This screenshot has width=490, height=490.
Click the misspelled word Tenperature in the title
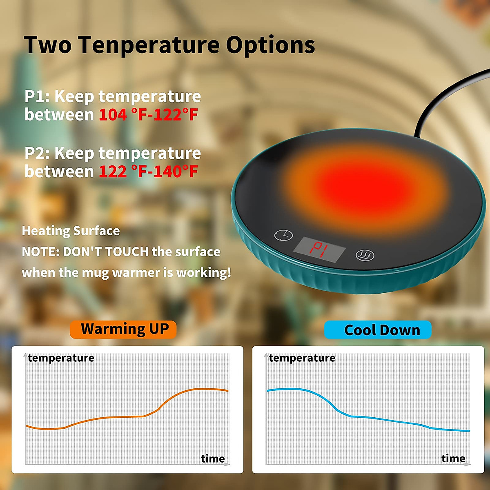pyautogui.click(x=149, y=45)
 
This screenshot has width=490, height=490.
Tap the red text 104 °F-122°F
pyautogui.click(x=148, y=115)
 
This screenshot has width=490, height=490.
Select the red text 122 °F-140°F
pyautogui.click(x=148, y=171)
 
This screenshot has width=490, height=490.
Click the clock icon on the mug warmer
pyautogui.click(x=283, y=235)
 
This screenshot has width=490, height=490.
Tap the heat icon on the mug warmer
pyautogui.click(x=365, y=256)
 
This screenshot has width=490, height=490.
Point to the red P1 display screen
pyautogui.click(x=320, y=249)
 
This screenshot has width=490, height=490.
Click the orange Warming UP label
pyautogui.click(x=123, y=330)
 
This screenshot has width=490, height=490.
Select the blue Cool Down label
pyautogui.click(x=378, y=330)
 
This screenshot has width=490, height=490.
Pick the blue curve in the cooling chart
pyautogui.click(x=367, y=417)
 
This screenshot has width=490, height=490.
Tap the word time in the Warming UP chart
pyautogui.click(x=213, y=459)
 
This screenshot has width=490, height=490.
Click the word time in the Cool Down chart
pyautogui.click(x=453, y=459)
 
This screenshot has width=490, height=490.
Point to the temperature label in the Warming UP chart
pyautogui.click(x=61, y=358)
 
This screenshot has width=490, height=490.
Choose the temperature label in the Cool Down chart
pyautogui.click(x=302, y=358)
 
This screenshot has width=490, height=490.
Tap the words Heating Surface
pyautogui.click(x=71, y=231)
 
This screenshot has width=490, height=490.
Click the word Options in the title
pyautogui.click(x=270, y=45)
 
